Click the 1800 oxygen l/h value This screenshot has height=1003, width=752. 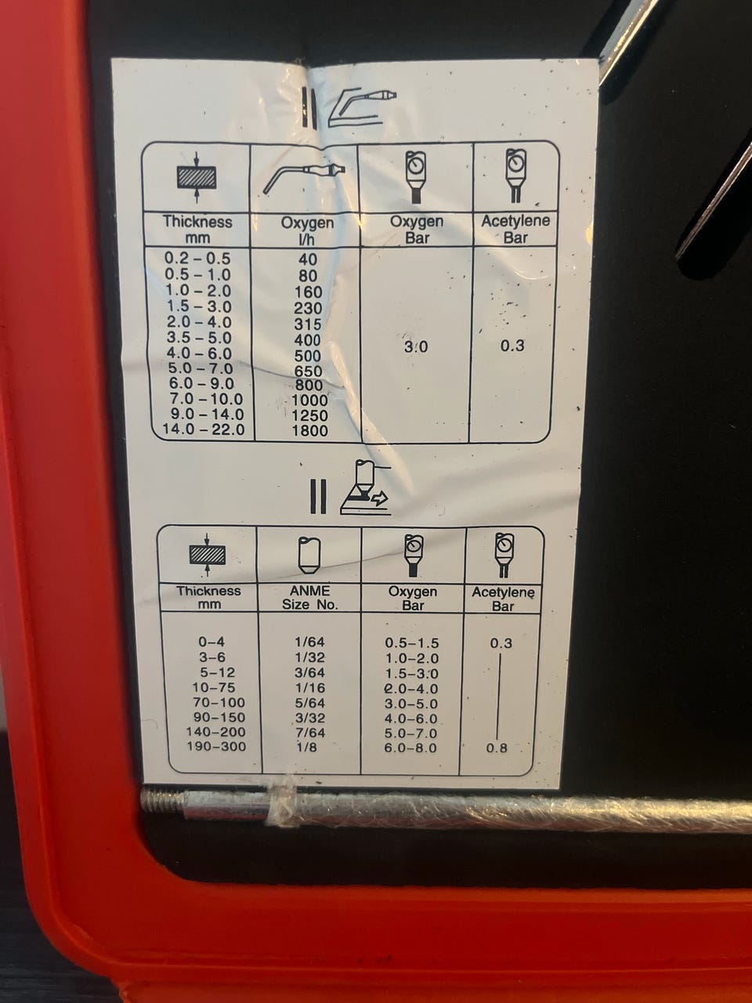(x=309, y=430)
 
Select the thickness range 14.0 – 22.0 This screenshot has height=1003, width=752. (x=204, y=429)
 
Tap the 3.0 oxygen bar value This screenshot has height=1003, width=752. (x=416, y=347)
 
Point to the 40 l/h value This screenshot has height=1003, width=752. (x=307, y=259)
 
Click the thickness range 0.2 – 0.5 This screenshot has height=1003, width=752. (x=197, y=259)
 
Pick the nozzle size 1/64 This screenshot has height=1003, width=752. (x=309, y=642)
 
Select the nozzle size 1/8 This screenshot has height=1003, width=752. (x=309, y=747)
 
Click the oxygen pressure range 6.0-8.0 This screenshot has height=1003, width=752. (x=411, y=748)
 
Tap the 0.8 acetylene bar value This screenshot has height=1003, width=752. (x=497, y=748)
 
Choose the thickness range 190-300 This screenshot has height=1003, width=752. (x=216, y=747)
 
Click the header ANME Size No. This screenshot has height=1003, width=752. (x=310, y=598)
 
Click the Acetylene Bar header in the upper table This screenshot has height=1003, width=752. (x=515, y=230)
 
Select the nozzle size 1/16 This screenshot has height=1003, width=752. (x=309, y=688)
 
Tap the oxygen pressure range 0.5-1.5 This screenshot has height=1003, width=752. (x=412, y=643)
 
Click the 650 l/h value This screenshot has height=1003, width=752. (x=308, y=371)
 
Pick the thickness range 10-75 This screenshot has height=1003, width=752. (x=215, y=687)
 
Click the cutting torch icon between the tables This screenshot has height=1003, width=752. (x=365, y=487)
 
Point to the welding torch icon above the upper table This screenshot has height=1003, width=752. (x=363, y=106)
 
